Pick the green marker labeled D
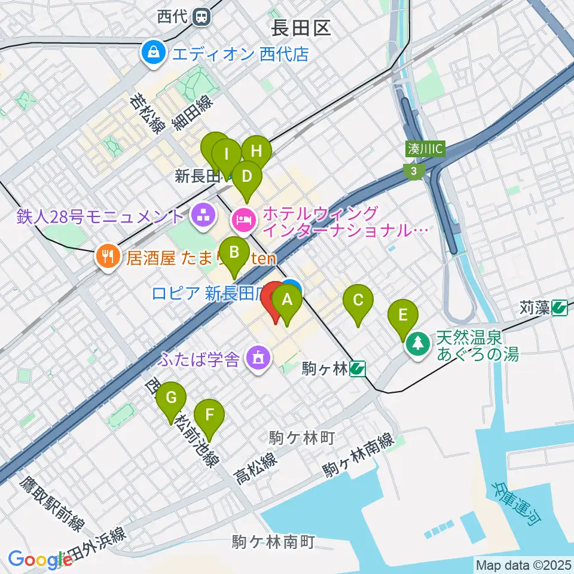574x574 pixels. (x=246, y=177)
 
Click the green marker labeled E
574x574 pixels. (x=403, y=315)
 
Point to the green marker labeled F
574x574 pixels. (x=209, y=414)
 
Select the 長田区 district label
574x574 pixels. (x=301, y=28)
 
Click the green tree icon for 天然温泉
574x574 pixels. (x=417, y=345)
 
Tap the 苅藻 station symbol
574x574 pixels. (x=560, y=308)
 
